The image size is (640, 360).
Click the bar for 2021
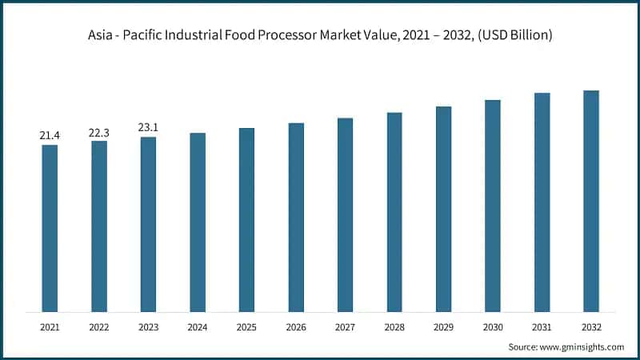click(50, 228)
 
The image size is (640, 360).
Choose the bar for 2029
click(443, 209)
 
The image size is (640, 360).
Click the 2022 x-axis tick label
click(99, 327)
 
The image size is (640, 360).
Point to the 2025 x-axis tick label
click(246, 327)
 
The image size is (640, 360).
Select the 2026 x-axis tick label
click(296, 327)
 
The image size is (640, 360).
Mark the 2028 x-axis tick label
click(394, 327)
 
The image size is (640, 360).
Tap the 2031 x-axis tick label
click(542, 327)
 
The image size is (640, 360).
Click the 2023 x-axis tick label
click(148, 327)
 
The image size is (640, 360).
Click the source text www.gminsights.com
click(583, 346)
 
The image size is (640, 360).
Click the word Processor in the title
click(302, 36)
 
